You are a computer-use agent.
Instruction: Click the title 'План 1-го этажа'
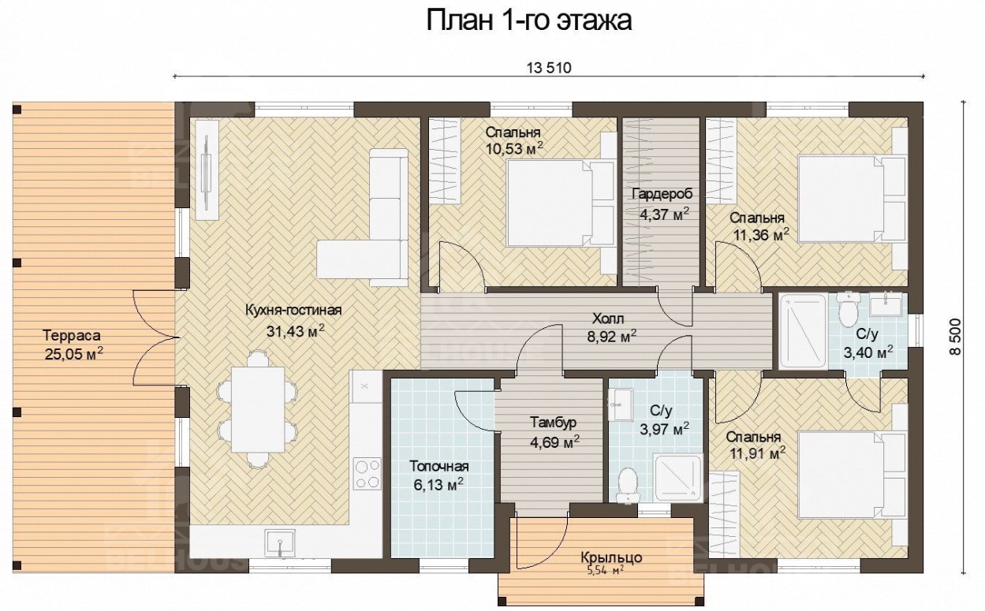(x=529, y=20)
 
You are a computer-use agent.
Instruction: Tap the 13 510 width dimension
(x=549, y=68)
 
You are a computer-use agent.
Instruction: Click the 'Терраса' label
(x=72, y=335)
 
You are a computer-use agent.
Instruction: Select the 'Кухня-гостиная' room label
(x=293, y=310)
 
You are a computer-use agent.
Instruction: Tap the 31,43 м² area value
(x=296, y=330)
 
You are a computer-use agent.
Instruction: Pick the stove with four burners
(x=368, y=473)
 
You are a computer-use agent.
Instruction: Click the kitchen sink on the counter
(x=280, y=543)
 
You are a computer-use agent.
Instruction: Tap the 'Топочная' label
(x=438, y=466)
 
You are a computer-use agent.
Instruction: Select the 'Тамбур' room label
(x=553, y=423)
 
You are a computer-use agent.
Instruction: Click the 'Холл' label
(x=608, y=318)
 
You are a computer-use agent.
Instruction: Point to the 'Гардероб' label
(x=662, y=194)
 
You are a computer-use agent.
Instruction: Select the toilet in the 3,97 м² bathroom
(x=628, y=485)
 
